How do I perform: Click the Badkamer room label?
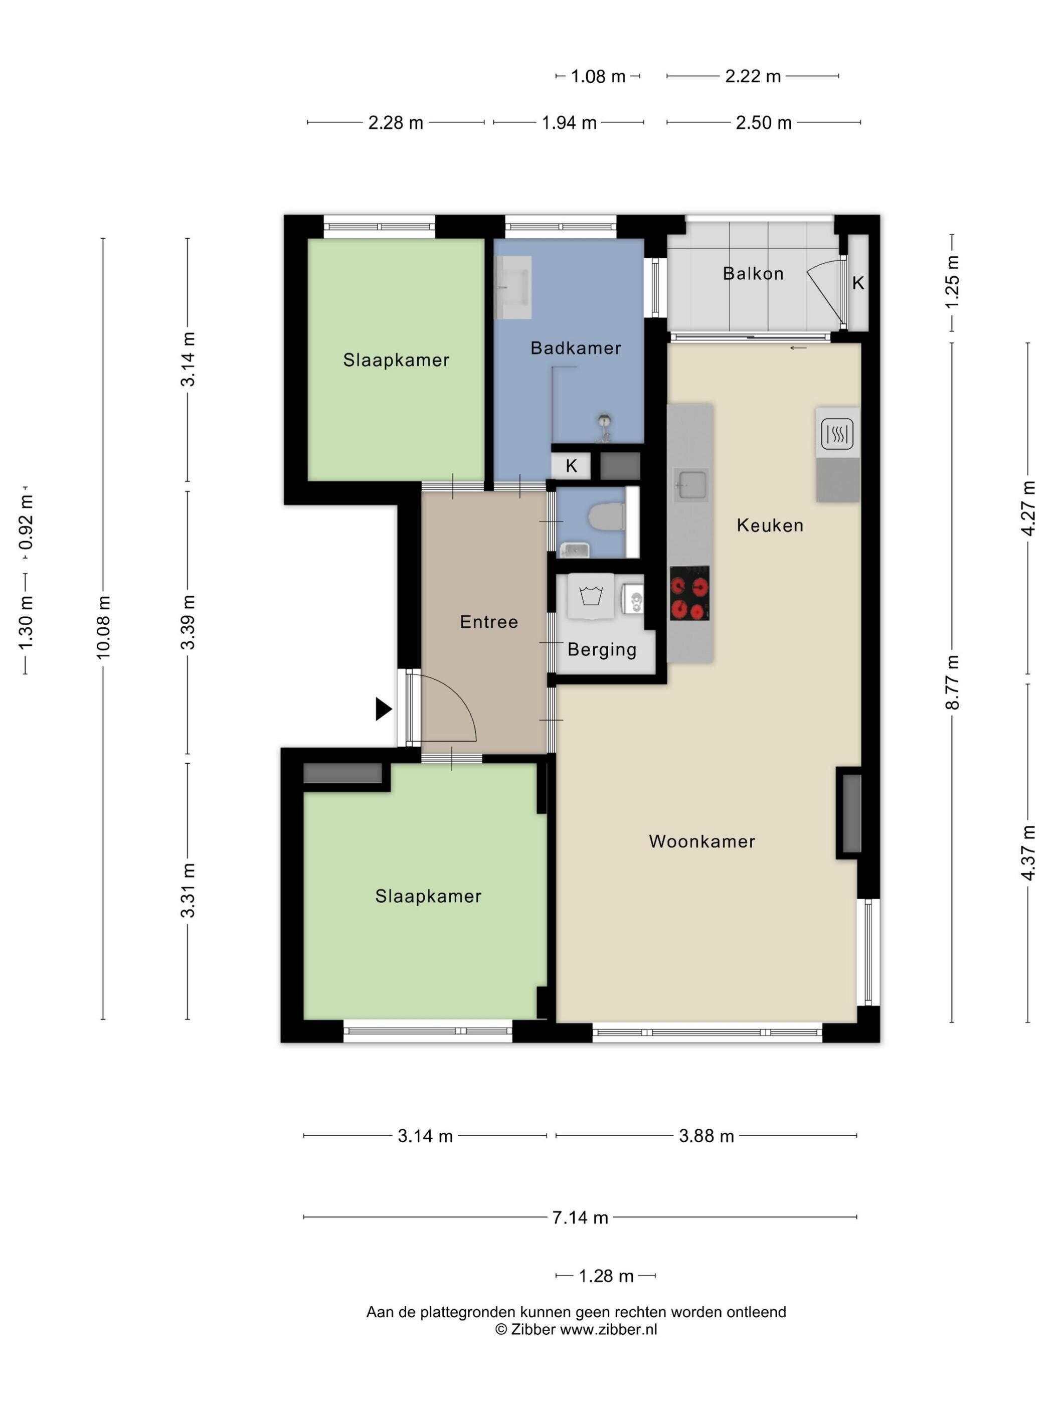(575, 348)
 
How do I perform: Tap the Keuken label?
(770, 525)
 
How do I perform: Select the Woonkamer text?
(702, 841)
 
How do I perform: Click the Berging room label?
(602, 649)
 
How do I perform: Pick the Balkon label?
(753, 274)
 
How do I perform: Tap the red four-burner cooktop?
(689, 593)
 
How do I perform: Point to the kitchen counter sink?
(691, 485)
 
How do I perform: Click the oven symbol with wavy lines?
(837, 434)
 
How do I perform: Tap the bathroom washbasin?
(513, 287)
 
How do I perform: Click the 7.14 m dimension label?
(580, 1217)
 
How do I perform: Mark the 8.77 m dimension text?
(952, 682)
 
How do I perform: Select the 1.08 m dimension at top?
(598, 76)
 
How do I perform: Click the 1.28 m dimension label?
(606, 1276)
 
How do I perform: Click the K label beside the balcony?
(858, 283)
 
